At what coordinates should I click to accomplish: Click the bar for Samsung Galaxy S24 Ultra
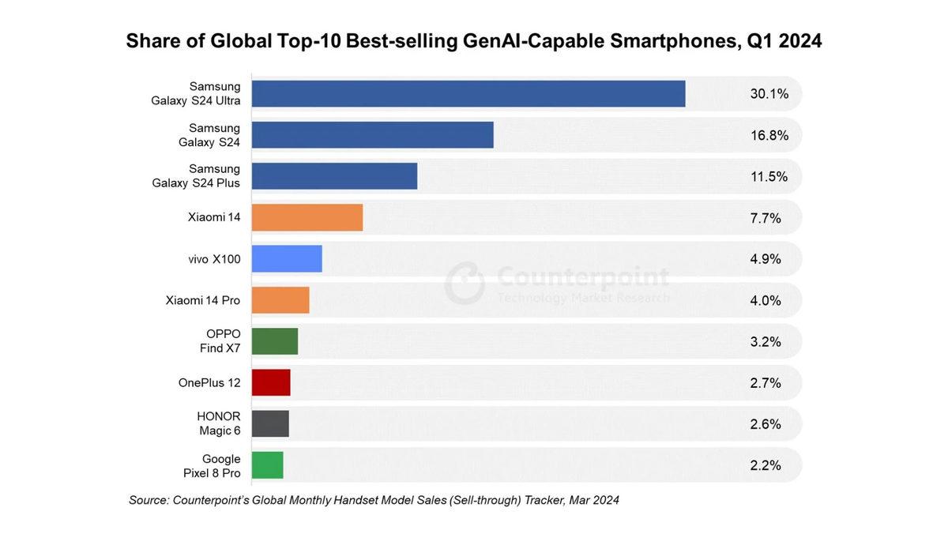click(x=468, y=94)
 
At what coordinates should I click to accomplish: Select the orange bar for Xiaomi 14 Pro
click(x=280, y=300)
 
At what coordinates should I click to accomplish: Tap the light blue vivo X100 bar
click(x=287, y=259)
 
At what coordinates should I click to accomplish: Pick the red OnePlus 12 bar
click(x=271, y=382)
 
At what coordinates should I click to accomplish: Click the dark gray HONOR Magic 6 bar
click(x=270, y=423)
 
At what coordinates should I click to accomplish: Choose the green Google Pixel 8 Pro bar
click(x=267, y=464)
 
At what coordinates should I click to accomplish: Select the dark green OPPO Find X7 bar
click(x=275, y=341)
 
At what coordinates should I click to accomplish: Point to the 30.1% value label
click(x=769, y=94)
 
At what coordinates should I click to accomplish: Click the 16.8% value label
click(x=769, y=135)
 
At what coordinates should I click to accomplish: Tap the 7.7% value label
click(x=766, y=218)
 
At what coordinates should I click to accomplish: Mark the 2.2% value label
click(x=766, y=465)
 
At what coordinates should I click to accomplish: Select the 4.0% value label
click(x=766, y=300)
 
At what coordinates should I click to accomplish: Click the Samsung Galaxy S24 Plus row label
click(x=197, y=176)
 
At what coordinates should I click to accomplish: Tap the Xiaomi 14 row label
click(x=214, y=217)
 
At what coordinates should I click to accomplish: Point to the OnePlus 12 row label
click(x=209, y=382)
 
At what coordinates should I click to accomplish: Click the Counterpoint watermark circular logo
click(x=465, y=283)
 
